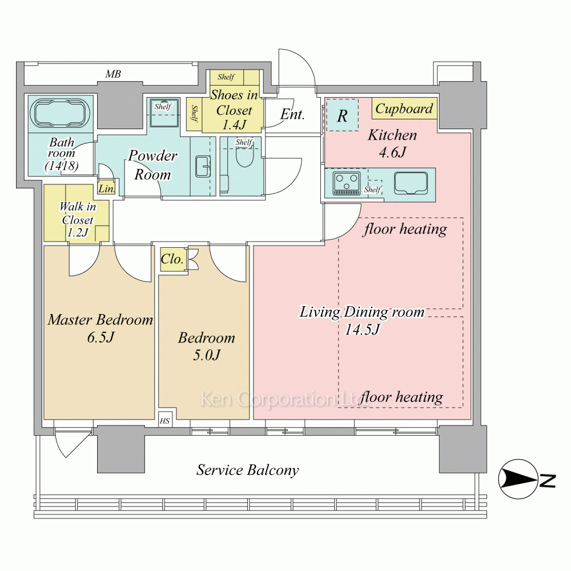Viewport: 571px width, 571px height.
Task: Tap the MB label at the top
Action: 112,74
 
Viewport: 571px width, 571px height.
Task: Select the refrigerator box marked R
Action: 342,115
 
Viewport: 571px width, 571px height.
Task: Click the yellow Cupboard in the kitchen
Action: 404,108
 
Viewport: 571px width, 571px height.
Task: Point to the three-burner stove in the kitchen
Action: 346,183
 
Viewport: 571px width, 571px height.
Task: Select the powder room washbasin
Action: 202,167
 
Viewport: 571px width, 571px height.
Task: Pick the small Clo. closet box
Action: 172,260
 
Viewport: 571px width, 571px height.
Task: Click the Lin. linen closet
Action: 107,188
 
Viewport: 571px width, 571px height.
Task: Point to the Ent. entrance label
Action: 292,114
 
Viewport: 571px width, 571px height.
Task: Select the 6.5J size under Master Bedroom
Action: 100,337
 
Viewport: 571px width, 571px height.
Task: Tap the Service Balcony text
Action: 247,471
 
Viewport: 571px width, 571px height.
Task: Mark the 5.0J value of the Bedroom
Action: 206,355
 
